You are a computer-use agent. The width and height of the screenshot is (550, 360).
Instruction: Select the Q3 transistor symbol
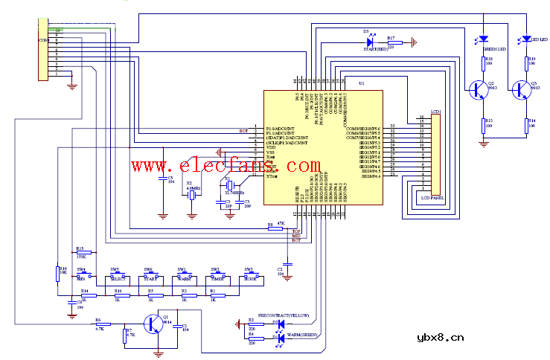pyautogui.click(x=520, y=89)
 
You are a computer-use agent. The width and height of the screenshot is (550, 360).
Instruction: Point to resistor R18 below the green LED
pyautogui.click(x=483, y=64)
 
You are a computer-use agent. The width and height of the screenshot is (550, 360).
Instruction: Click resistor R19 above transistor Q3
pyautogui.click(x=527, y=64)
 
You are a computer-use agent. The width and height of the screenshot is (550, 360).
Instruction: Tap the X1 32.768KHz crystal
pyautogui.click(x=231, y=185)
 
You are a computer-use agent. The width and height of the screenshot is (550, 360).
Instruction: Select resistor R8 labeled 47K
pyautogui.click(x=271, y=225)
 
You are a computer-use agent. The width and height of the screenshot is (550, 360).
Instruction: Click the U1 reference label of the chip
pyautogui.click(x=361, y=83)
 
